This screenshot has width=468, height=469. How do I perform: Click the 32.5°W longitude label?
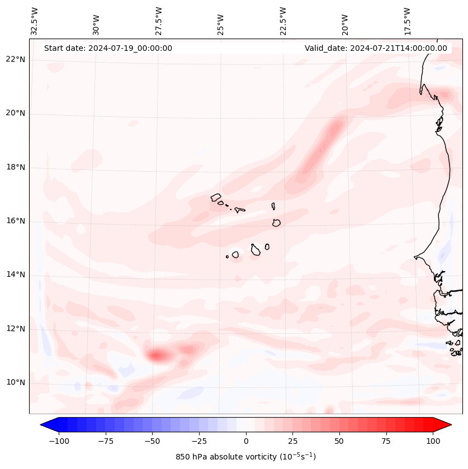click(x=35, y=21)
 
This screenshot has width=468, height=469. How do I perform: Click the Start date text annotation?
click(x=108, y=48)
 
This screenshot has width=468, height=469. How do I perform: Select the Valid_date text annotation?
click(x=376, y=48)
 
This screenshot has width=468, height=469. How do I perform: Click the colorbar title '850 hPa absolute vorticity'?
click(x=245, y=457)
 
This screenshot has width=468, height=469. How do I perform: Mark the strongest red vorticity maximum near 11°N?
click(x=157, y=355)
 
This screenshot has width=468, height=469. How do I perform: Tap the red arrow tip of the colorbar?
click(x=450, y=425)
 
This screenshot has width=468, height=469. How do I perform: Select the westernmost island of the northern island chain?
click(x=216, y=197)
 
